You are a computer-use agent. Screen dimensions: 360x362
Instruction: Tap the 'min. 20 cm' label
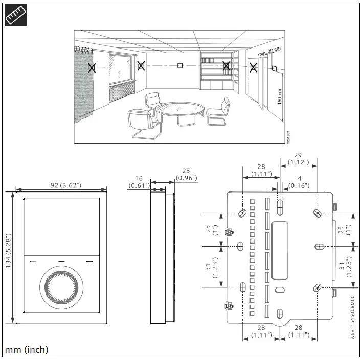[269, 52]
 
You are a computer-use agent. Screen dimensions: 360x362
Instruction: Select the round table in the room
[179, 108]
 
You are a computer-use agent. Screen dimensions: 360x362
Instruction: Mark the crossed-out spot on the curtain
[92, 67]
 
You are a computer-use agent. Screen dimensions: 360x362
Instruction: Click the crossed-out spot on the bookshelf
[226, 65]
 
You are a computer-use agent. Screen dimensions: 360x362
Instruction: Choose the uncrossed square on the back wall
[180, 65]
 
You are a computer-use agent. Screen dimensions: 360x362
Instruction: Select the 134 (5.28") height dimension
[8, 257]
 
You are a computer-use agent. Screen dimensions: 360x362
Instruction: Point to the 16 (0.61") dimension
[139, 182]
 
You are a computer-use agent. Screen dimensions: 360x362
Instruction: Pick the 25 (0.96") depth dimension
[186, 174]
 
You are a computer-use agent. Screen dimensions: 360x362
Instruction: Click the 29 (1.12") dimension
[298, 158]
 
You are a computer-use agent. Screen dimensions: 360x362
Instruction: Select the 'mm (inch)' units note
[27, 350]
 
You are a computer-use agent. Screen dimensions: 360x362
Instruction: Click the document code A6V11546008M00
[352, 317]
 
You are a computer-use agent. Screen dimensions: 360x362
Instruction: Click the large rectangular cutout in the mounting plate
[280, 251]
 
